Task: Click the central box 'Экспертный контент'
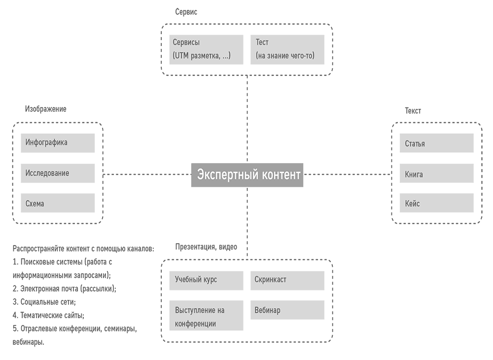coord(247,175)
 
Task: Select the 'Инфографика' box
coord(58,143)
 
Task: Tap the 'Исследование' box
coord(58,173)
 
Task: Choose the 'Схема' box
coord(58,203)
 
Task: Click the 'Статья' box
coord(436,144)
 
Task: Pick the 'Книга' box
coord(436,174)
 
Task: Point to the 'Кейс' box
coord(436,203)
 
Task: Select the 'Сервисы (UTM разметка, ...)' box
coord(206,49)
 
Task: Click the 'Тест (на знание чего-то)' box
coord(287,49)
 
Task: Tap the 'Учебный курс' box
coord(206,280)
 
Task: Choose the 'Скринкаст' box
coord(287,280)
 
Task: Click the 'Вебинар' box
coord(287,310)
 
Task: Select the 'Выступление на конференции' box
coord(206,316)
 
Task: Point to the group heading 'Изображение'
coord(45,108)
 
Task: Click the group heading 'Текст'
coord(413,110)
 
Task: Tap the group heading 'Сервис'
coord(186,12)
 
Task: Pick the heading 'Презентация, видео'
coord(206,247)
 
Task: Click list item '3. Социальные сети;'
coord(44,301)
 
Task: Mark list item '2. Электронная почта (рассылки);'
coord(65,288)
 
